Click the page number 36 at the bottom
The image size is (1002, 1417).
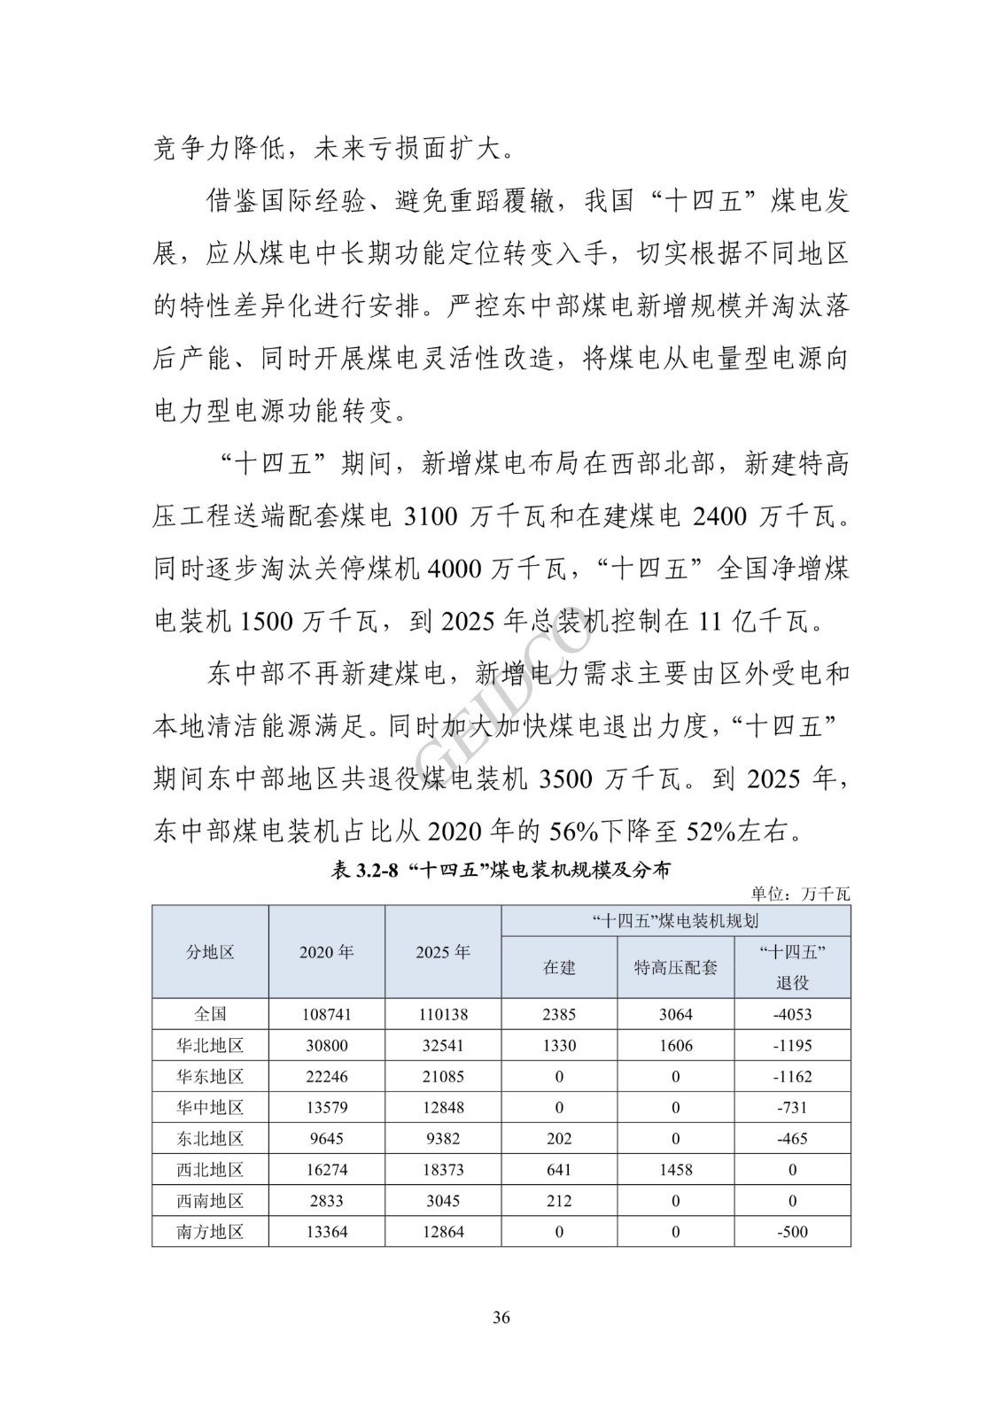[x=501, y=1317]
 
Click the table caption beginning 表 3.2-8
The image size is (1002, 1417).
[x=501, y=870]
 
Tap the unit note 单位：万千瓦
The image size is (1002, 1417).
[x=800, y=894]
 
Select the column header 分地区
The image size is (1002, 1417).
[x=210, y=952]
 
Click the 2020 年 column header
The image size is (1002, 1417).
[x=326, y=952]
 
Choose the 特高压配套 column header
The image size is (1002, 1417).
[x=675, y=967]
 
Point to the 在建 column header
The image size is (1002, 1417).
[x=559, y=967]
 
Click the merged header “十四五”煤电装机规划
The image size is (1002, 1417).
[x=675, y=921]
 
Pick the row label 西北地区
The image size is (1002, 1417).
[x=210, y=1170]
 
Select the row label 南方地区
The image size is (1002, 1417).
[x=210, y=1232]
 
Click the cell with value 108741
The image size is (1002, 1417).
[x=326, y=1015]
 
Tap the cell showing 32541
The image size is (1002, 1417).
[x=442, y=1046]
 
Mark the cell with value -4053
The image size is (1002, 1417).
[x=792, y=1015]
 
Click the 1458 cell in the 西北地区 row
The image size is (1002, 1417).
[x=675, y=1170]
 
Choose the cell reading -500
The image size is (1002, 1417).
[x=792, y=1232]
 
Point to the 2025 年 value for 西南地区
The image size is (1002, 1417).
[x=442, y=1201]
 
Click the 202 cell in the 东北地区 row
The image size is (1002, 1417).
[x=559, y=1139]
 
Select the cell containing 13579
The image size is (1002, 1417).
[x=326, y=1108]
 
